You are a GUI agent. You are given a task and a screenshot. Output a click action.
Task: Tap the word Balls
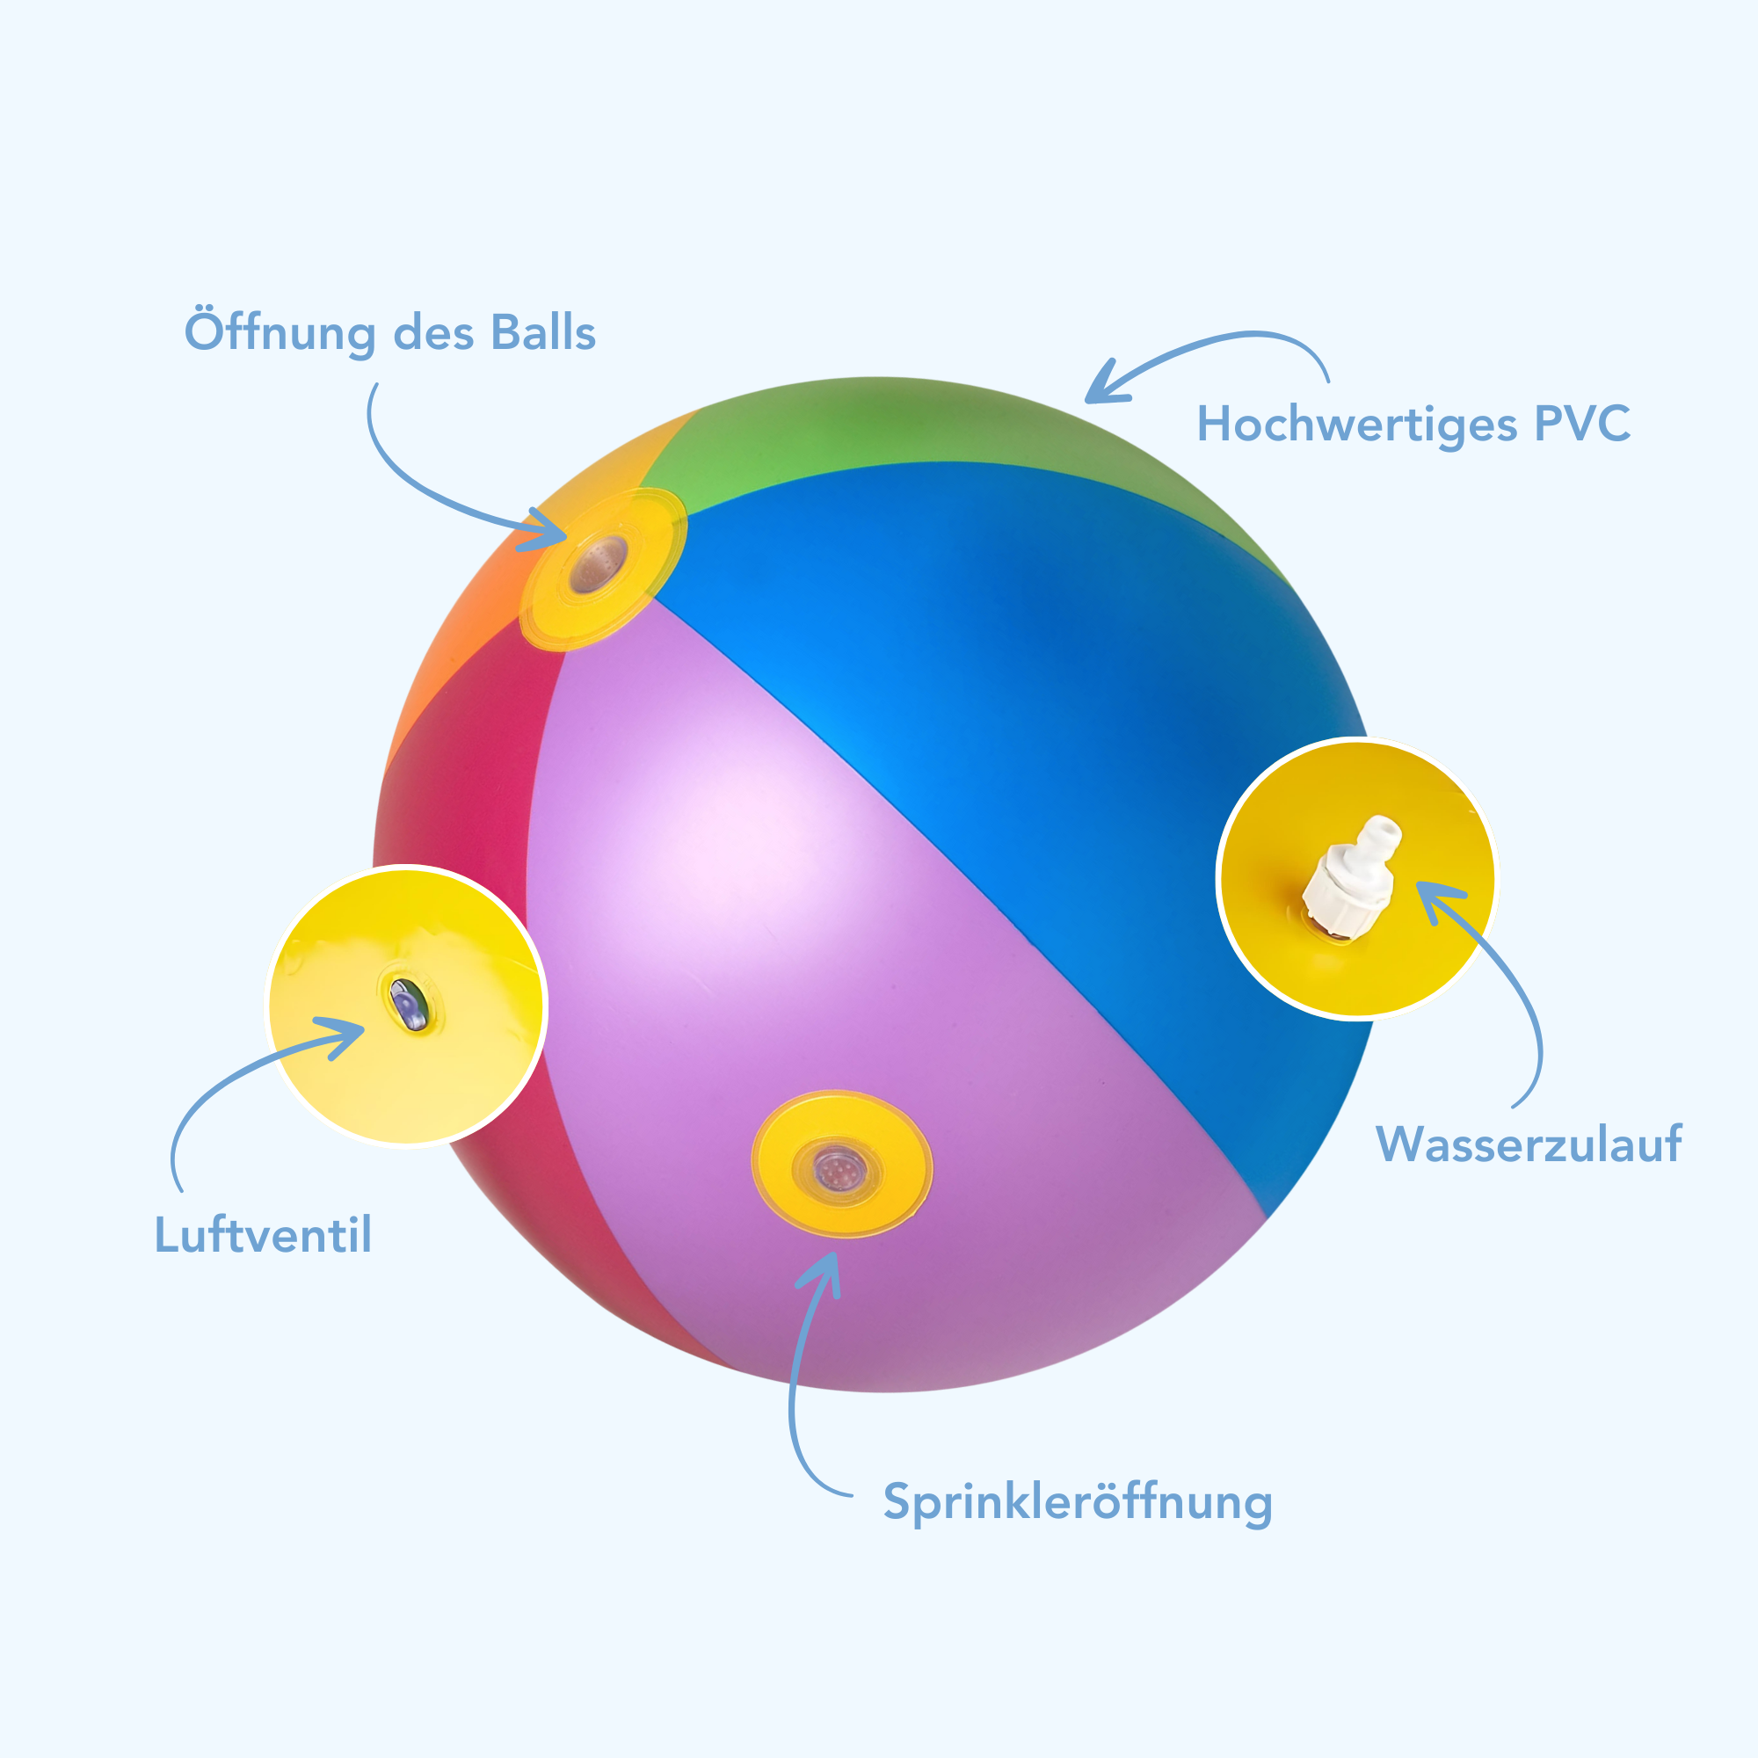click(x=543, y=332)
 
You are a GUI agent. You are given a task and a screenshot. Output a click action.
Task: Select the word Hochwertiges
click(x=1356, y=424)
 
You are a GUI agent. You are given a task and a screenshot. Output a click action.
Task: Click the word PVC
click(x=1582, y=423)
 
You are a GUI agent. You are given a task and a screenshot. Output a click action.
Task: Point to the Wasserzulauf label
click(x=1529, y=1144)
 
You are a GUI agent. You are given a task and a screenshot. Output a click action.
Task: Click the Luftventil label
click(x=263, y=1235)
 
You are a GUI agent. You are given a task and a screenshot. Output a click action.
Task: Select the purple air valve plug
click(x=407, y=1004)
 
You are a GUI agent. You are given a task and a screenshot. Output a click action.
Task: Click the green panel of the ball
click(x=864, y=428)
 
